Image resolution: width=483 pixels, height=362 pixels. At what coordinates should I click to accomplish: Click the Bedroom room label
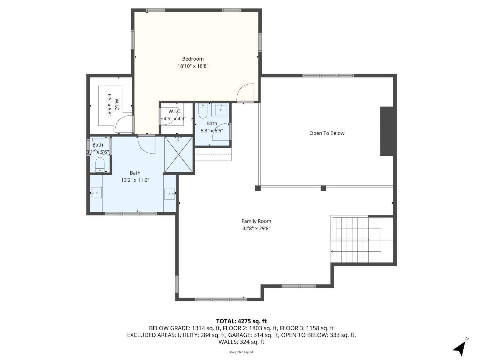pos(193,59)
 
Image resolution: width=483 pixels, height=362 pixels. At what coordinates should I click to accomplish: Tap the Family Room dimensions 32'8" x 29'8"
pos(256,229)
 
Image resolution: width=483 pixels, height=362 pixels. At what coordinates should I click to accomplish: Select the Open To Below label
pos(327,133)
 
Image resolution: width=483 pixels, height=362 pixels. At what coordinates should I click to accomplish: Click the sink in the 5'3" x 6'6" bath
pos(222,110)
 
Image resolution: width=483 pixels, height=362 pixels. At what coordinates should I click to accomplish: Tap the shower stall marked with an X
pos(179,155)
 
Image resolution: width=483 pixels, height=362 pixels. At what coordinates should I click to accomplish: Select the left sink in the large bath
pos(96,192)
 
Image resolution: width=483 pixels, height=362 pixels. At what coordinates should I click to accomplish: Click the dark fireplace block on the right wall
pos(386,131)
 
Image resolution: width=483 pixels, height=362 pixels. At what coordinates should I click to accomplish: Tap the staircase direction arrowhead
pos(332,251)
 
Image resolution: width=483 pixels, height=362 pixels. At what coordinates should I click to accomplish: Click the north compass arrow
pos(460,348)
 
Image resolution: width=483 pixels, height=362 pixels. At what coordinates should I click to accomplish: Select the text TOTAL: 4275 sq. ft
pos(241,321)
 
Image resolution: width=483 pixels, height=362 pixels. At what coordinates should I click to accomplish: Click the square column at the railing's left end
pos(258,188)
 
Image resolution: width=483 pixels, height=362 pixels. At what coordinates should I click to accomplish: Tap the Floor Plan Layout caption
pos(241,352)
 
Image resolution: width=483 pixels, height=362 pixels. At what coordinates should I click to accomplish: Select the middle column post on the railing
pos(323,188)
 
